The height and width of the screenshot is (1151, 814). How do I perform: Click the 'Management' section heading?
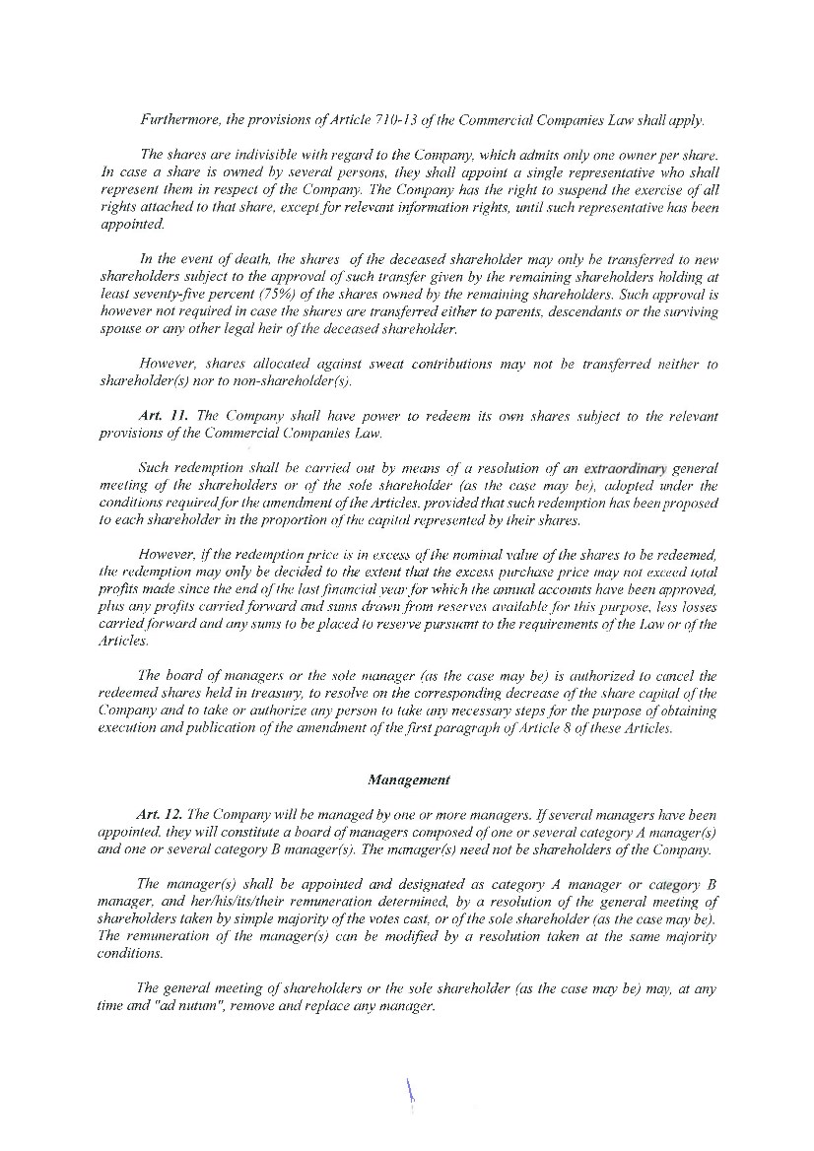click(x=408, y=779)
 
